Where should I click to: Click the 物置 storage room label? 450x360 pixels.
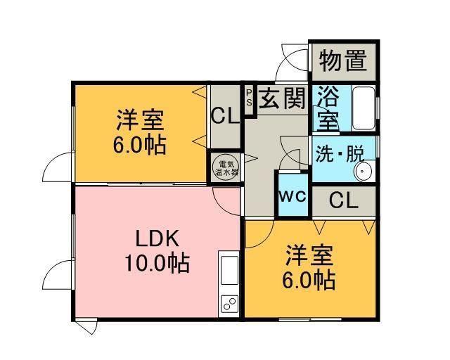(343, 61)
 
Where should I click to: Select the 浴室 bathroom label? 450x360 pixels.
(327, 108)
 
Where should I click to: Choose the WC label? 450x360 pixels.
(293, 196)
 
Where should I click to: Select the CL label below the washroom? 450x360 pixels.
(344, 200)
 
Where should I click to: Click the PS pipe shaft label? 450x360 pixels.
(248, 96)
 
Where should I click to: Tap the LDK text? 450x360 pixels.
(156, 237)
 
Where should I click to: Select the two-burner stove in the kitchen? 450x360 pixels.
(229, 302)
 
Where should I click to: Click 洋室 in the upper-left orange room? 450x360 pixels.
(140, 120)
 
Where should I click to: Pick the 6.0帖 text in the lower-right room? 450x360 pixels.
(309, 280)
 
